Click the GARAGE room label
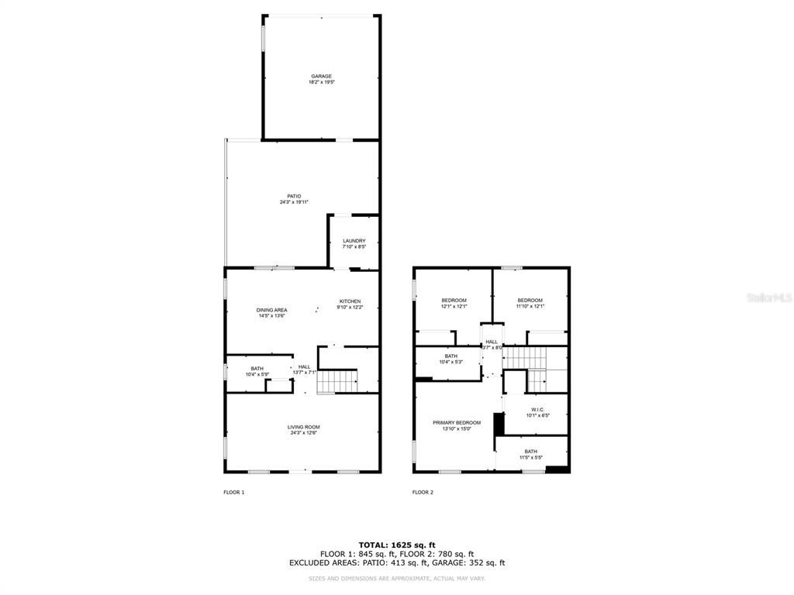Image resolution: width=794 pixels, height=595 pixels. [x=321, y=76]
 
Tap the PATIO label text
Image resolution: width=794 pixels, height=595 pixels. [x=294, y=196]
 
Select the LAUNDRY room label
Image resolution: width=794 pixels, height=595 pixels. [x=354, y=241]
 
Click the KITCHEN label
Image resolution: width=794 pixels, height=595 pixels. [x=350, y=301]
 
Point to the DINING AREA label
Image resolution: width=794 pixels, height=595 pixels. [x=272, y=310]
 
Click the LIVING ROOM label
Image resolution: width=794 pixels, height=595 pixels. [x=304, y=427]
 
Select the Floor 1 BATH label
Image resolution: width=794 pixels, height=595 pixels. [x=257, y=369]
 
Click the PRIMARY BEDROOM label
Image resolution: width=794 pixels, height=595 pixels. [x=457, y=423]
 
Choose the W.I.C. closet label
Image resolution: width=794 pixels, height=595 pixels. [x=538, y=409]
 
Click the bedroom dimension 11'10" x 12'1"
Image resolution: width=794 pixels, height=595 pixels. [x=530, y=306]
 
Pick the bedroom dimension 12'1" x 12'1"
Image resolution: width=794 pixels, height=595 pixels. [x=454, y=306]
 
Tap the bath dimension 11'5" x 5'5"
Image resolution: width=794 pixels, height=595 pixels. [x=530, y=458]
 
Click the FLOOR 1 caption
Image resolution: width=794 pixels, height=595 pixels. [x=233, y=492]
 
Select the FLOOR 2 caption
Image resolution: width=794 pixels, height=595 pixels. [x=423, y=492]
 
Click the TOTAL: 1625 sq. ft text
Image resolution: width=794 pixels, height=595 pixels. [x=396, y=545]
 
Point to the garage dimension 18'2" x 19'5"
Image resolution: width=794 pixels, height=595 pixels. [x=321, y=82]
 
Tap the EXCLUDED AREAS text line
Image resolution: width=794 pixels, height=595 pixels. [x=396, y=563]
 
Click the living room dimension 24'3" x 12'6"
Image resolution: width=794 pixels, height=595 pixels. [x=304, y=433]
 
